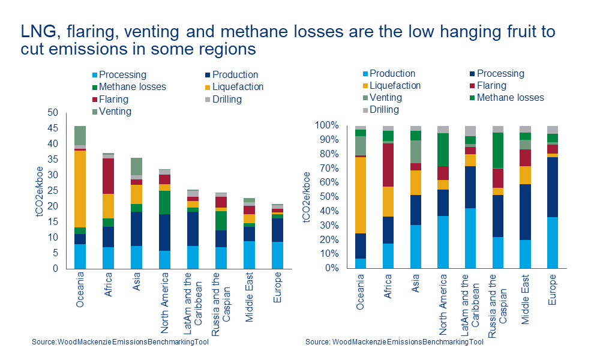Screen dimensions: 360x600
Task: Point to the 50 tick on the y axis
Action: pyautogui.click(x=52, y=113)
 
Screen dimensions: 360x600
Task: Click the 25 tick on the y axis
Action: pyautogui.click(x=52, y=191)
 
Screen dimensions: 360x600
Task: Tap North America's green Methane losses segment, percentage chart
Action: pyautogui.click(x=443, y=149)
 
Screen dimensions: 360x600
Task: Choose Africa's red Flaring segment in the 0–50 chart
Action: pyautogui.click(x=108, y=176)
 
